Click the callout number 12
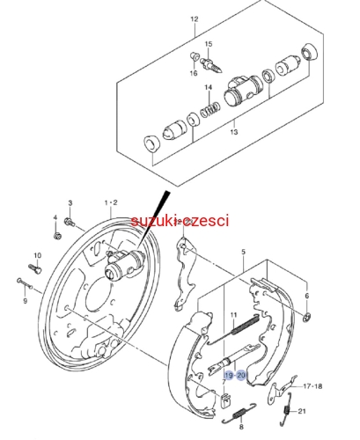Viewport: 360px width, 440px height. (195, 19)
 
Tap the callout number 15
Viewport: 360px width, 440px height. (209, 44)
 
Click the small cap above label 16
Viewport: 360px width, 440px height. (194, 55)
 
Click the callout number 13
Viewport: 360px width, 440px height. (234, 132)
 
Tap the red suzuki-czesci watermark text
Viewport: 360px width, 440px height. (180, 221)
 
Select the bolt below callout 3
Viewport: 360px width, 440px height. (70, 222)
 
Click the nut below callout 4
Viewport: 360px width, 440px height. (57, 236)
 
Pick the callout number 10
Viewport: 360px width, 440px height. (38, 255)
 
